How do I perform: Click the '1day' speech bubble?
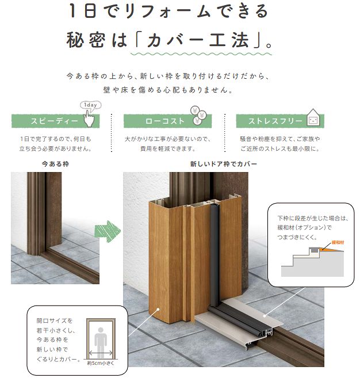[91, 105]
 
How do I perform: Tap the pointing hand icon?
[89, 119]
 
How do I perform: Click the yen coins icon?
[198, 115]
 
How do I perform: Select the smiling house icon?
[313, 117]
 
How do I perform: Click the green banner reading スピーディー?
[55, 121]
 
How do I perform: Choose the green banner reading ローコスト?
[167, 121]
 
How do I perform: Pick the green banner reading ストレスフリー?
[280, 121]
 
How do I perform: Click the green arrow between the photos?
[108, 231]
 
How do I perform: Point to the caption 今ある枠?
[55, 164]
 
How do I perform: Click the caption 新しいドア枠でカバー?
[223, 164]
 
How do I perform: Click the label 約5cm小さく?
[101, 363]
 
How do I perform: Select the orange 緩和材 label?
[338, 243]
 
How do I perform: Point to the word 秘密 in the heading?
[86, 40]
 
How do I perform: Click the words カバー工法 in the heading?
[198, 40]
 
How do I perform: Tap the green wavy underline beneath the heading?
[201, 54]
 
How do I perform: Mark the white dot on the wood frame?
[158, 309]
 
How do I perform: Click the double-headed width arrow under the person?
[101, 353]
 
